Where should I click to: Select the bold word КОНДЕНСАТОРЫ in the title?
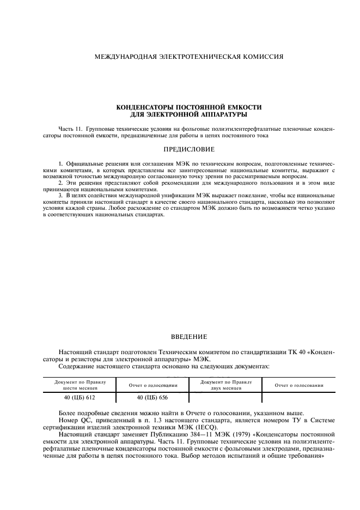click(143, 108)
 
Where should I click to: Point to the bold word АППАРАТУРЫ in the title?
click(222, 114)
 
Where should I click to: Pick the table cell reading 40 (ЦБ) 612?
click(80, 398)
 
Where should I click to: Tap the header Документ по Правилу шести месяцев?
click(80, 385)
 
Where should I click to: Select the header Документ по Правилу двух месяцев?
click(225, 385)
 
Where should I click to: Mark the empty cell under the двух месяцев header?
click(225, 398)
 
